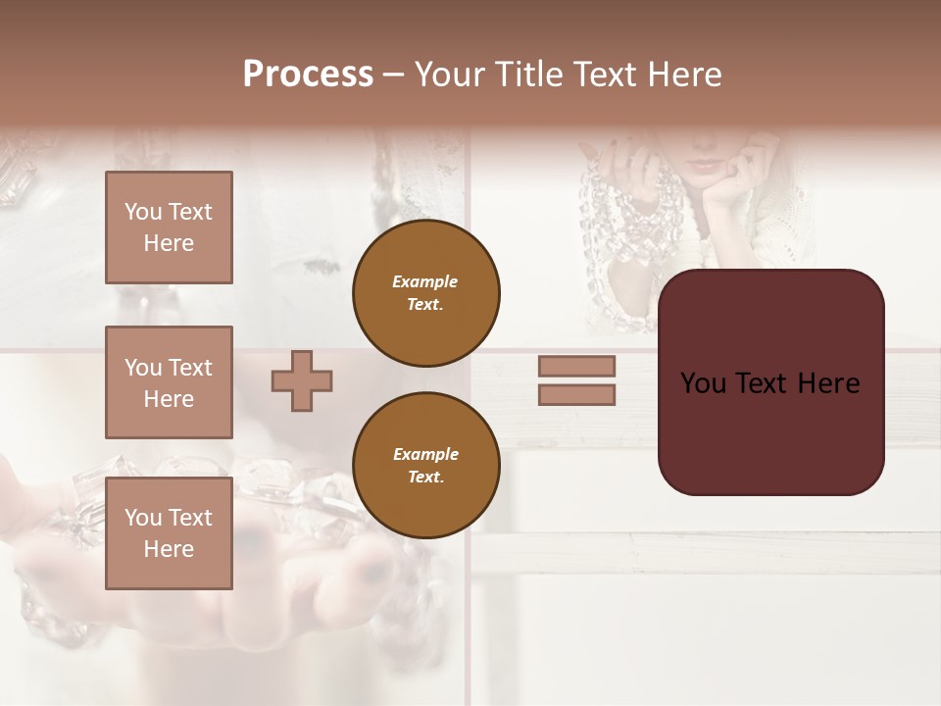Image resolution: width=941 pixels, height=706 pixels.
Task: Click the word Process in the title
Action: pos(308,75)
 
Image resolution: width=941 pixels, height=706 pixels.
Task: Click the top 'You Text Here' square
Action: pos(169,227)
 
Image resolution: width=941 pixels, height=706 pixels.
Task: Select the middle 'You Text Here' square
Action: pos(169,382)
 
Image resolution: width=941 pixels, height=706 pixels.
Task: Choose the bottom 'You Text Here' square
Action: pos(169,532)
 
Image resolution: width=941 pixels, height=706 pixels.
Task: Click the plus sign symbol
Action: pos(302,380)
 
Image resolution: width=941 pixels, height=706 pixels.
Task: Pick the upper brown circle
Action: pos(425,293)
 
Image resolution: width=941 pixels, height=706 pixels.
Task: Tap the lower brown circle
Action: pos(425,465)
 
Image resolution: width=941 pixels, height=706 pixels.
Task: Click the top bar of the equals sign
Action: pos(576,366)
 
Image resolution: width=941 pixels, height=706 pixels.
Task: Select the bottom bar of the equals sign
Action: pos(576,395)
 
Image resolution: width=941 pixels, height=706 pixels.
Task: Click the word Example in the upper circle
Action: pos(424,281)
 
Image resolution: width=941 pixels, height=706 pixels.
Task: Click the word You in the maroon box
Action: pos(704,383)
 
